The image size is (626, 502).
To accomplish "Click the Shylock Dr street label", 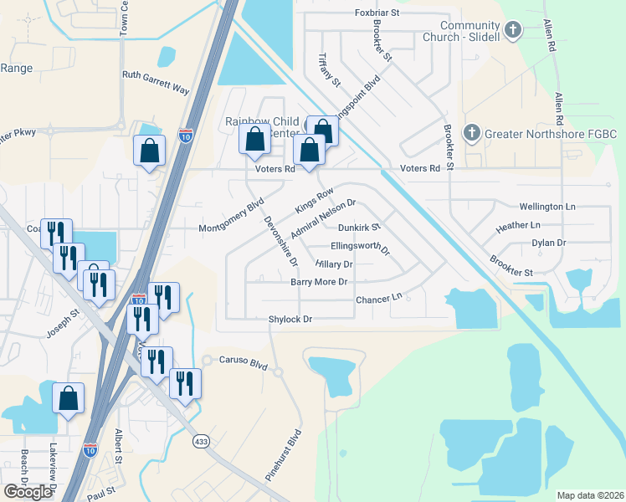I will [290, 320].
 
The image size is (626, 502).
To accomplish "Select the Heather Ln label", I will [518, 226].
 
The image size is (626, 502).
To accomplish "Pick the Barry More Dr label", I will [318, 282].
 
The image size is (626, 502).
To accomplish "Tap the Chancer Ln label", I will [379, 298].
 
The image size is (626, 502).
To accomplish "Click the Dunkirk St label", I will [360, 227].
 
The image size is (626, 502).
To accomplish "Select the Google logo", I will [28, 492].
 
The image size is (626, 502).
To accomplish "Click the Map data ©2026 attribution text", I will [590, 495].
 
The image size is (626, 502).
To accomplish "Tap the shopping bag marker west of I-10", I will [150, 152].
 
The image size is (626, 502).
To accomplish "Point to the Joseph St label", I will [63, 322].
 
